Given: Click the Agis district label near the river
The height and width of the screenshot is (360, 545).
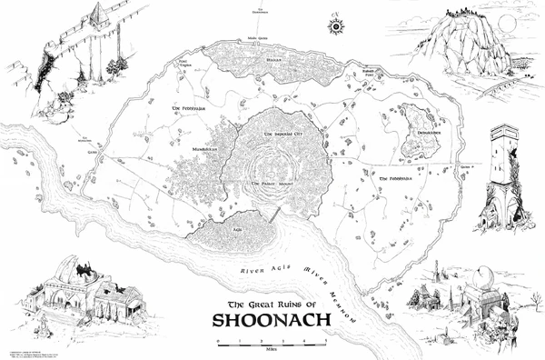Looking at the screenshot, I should (x=238, y=230).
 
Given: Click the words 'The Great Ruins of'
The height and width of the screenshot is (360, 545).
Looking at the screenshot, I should (x=271, y=304).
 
